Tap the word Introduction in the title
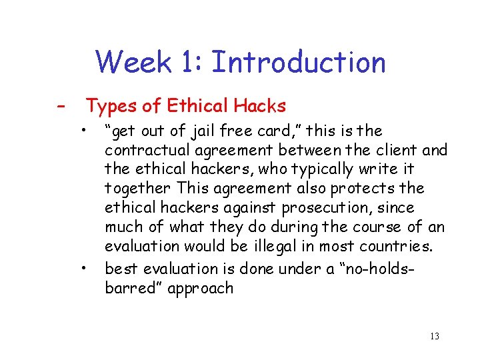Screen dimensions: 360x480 tap(298, 63)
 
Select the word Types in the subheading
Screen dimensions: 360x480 tap(109, 106)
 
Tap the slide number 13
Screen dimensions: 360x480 tap(435, 336)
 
